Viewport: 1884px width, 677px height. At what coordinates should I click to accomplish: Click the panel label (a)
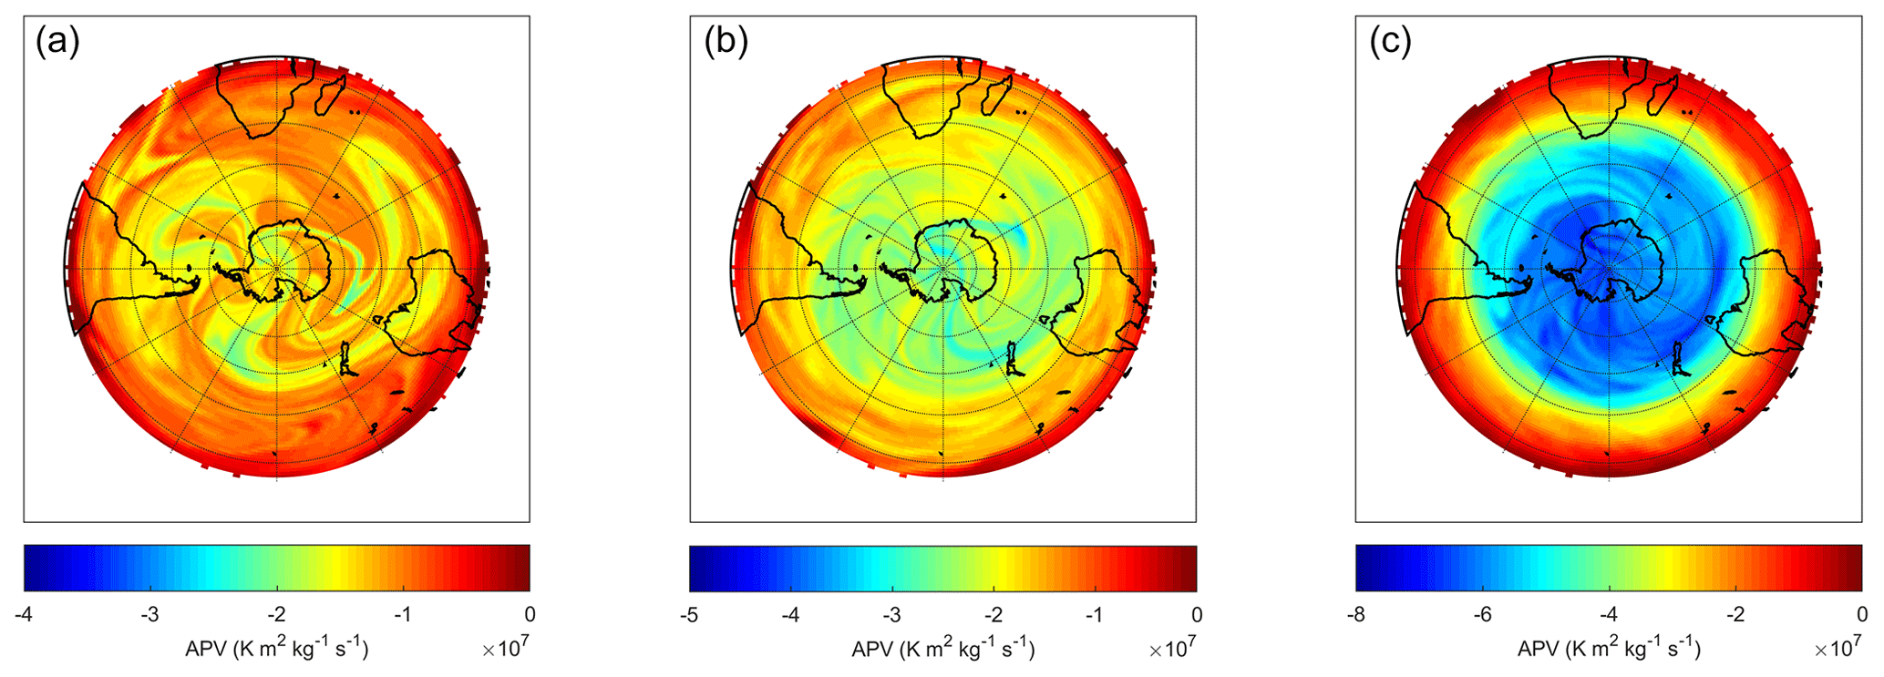(x=57, y=43)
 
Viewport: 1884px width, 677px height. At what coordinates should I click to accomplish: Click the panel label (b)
(x=726, y=43)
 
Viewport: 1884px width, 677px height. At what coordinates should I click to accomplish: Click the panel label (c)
(x=1390, y=43)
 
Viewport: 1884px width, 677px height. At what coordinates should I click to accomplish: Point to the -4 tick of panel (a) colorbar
(x=24, y=615)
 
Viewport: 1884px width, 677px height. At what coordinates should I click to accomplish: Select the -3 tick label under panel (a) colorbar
(x=149, y=615)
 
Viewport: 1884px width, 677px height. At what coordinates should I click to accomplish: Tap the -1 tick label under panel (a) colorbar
(x=403, y=615)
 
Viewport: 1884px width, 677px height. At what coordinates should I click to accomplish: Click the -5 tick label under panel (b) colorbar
(x=689, y=615)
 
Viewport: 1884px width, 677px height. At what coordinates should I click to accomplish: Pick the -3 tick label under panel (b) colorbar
(x=892, y=615)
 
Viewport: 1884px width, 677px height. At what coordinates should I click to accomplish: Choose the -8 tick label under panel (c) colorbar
(x=1355, y=615)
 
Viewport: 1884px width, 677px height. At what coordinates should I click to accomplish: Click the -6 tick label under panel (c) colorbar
(x=1482, y=615)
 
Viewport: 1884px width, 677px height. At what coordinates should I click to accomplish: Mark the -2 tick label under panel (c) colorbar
(x=1735, y=615)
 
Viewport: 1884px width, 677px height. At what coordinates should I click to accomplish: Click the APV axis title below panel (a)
(x=276, y=649)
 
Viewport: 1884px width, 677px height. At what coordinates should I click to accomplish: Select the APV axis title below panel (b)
(x=942, y=649)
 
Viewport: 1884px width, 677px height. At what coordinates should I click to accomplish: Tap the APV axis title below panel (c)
(x=1609, y=649)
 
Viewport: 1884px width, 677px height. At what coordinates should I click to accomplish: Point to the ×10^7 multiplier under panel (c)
(x=1838, y=648)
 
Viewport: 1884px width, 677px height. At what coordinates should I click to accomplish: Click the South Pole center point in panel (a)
(x=277, y=269)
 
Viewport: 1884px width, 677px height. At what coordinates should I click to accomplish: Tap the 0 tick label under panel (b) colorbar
(x=1196, y=615)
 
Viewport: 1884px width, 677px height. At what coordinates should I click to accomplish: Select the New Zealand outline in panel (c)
(x=1680, y=360)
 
